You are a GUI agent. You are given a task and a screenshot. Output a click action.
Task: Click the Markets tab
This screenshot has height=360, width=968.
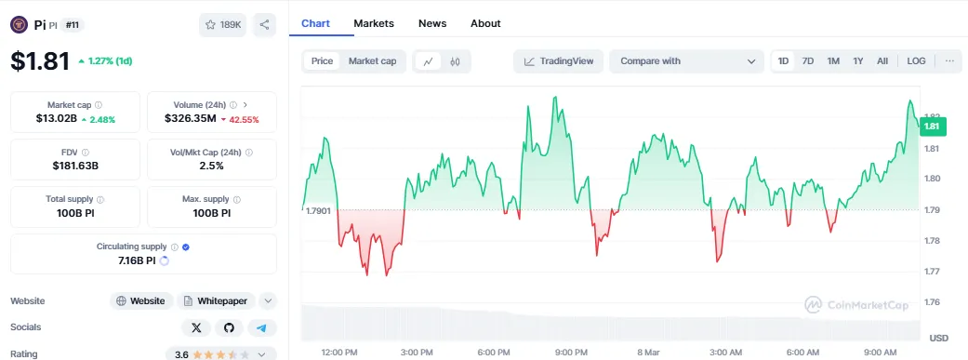tap(374, 23)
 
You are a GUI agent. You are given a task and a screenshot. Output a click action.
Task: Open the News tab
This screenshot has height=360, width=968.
tap(431, 23)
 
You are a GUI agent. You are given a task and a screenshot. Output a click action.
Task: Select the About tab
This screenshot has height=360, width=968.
tap(485, 23)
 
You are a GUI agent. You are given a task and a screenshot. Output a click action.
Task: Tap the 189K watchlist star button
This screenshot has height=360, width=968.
tap(222, 25)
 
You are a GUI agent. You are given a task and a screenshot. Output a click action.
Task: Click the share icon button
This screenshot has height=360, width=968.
tap(264, 25)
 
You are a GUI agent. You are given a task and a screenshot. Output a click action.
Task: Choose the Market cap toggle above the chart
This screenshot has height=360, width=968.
tap(372, 61)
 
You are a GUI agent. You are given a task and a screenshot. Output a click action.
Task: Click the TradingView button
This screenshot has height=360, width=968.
tap(558, 61)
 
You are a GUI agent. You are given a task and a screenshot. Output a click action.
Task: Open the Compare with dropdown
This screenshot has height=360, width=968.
tap(687, 61)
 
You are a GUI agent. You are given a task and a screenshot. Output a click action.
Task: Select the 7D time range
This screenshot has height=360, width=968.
tap(808, 61)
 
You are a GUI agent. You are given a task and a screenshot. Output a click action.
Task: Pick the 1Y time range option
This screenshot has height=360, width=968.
tap(858, 61)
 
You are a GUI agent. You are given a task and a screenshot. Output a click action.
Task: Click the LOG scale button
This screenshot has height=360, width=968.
tap(916, 61)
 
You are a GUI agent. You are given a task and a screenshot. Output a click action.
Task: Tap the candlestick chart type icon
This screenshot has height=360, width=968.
tap(456, 61)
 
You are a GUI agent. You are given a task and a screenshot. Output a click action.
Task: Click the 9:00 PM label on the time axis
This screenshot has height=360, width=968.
tap(570, 352)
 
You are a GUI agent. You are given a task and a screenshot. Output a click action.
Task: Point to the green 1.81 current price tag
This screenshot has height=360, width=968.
tap(931, 126)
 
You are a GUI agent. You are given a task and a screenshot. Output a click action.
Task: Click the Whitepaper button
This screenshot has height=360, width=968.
tap(216, 300)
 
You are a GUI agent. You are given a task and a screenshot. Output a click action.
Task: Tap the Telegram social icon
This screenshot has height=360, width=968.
tap(261, 327)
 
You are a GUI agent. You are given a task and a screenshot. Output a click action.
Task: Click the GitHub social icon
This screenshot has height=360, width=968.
tap(229, 327)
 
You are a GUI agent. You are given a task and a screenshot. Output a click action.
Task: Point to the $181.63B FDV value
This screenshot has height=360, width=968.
tap(75, 166)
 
